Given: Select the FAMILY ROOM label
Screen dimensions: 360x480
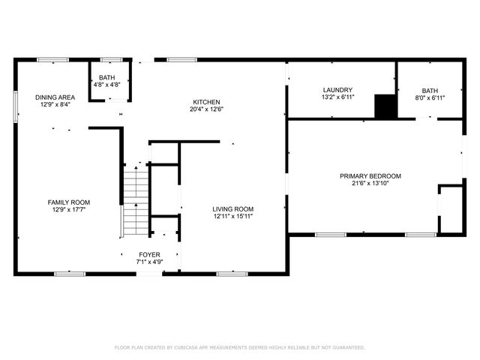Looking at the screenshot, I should pos(69,202).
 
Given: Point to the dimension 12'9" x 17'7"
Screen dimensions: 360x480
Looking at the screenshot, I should pos(69,210).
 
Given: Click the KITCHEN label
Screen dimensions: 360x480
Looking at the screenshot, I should pos(206,102).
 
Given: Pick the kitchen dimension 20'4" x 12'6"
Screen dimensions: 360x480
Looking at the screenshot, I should pos(206,109).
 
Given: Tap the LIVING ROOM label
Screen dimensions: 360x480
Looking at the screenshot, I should pos(232,209).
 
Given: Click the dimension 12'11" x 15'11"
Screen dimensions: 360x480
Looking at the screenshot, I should pos(232,217).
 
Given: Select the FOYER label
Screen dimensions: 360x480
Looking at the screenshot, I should pos(149,255).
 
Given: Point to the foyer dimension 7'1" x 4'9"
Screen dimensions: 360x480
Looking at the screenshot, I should pos(149,262).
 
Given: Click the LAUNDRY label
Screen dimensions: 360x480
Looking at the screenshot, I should pos(337,89).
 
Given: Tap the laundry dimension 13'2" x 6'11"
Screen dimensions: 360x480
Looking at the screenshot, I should pos(337,97).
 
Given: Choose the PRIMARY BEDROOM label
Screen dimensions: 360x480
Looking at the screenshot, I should pos(370,176).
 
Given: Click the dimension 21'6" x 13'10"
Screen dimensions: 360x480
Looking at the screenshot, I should pos(370,184).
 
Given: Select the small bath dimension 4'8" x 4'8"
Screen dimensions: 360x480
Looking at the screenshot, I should pos(106,85).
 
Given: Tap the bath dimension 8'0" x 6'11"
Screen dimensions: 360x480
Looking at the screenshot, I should pos(430,97).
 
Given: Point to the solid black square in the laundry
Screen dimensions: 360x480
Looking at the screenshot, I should pos(385,106).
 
